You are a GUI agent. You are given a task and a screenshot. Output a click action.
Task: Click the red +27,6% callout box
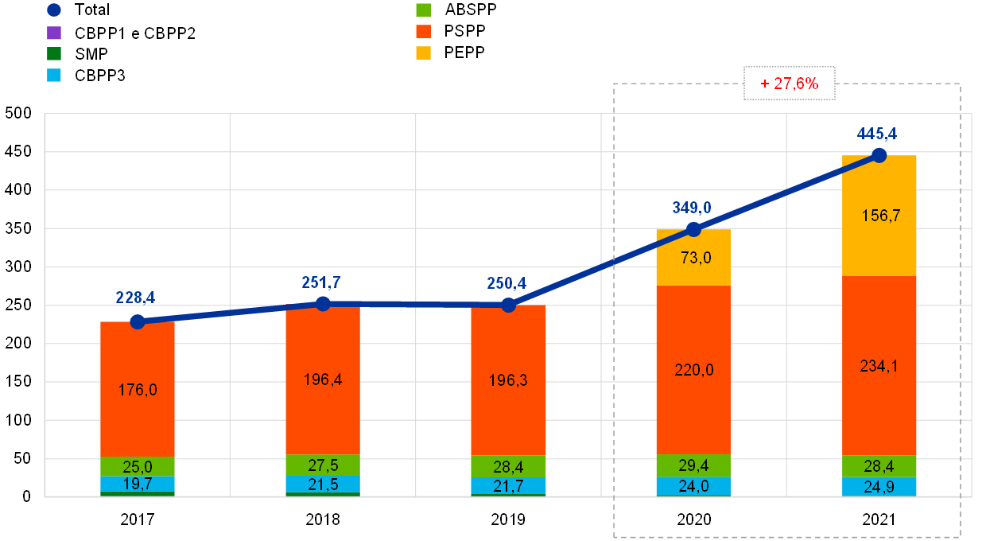point(789,83)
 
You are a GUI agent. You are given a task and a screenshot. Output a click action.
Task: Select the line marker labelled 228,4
point(138,321)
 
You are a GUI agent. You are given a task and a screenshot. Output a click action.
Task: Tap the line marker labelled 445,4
point(879,155)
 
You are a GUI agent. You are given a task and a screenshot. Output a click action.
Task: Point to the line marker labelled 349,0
point(693,229)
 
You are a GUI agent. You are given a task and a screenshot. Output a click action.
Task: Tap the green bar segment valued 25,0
point(138,466)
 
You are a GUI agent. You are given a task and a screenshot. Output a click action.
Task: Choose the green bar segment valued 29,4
point(693,465)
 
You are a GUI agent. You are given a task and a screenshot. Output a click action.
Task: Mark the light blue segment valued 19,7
point(138,484)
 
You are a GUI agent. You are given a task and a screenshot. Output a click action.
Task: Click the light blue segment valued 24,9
point(879,486)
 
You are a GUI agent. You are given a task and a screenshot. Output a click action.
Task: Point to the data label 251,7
point(322,282)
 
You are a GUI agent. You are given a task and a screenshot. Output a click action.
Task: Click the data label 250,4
point(507,283)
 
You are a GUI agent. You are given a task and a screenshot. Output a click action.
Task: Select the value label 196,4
point(322,379)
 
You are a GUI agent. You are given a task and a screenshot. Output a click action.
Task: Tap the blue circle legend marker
point(54,10)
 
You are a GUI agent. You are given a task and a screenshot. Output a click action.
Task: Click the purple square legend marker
point(54,33)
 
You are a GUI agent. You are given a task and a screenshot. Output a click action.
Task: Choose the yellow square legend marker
point(424,53)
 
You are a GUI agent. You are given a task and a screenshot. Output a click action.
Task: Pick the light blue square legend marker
point(54,75)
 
